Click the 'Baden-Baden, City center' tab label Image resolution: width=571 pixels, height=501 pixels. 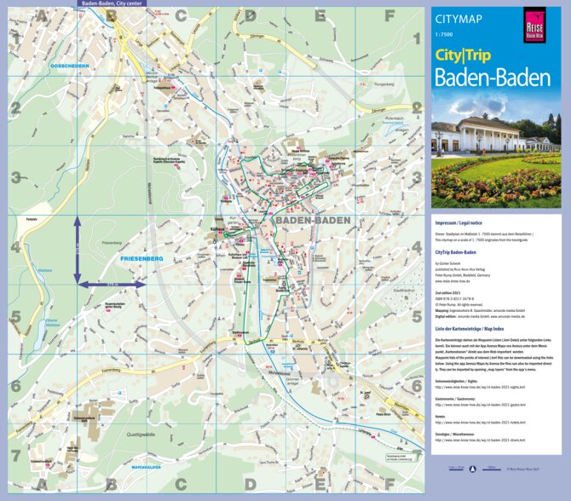point(112,3)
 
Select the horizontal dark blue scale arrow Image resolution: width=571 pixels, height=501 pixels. point(110,284)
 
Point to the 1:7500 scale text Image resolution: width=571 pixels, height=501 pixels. point(444,35)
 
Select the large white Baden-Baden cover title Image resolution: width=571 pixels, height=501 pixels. point(492,78)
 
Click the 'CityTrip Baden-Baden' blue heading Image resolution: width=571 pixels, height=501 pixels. point(454,253)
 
